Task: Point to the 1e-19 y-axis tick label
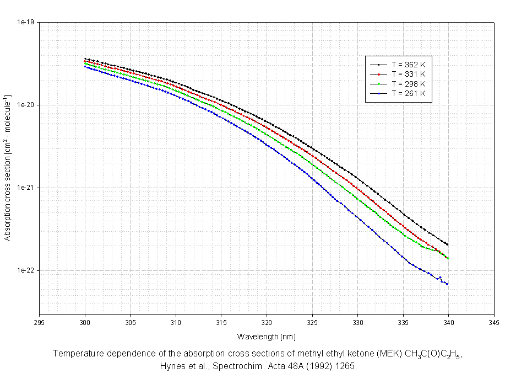tap(26, 22)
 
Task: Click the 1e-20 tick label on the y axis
tap(26, 105)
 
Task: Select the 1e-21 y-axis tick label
tap(26, 188)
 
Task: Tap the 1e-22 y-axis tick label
tap(26, 270)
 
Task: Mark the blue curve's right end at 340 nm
tap(447, 284)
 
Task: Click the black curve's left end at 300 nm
tap(85, 58)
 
